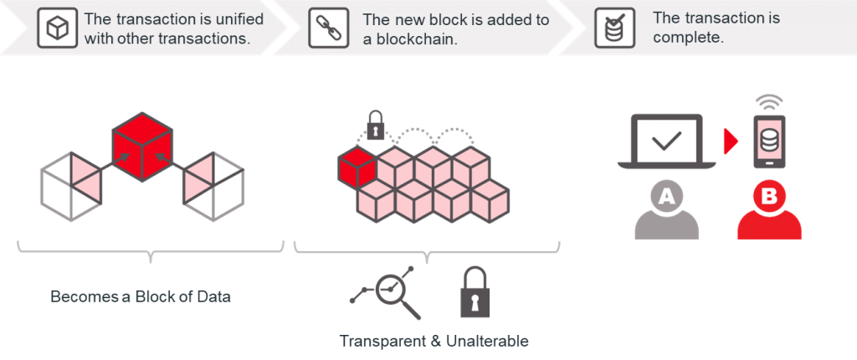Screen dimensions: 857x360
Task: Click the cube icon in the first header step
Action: click(x=56, y=28)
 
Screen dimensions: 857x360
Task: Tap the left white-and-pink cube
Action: click(x=71, y=184)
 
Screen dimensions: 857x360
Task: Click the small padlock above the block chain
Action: click(x=376, y=126)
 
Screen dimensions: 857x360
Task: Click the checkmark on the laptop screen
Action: click(x=666, y=141)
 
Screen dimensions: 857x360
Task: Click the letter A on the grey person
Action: click(x=666, y=198)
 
